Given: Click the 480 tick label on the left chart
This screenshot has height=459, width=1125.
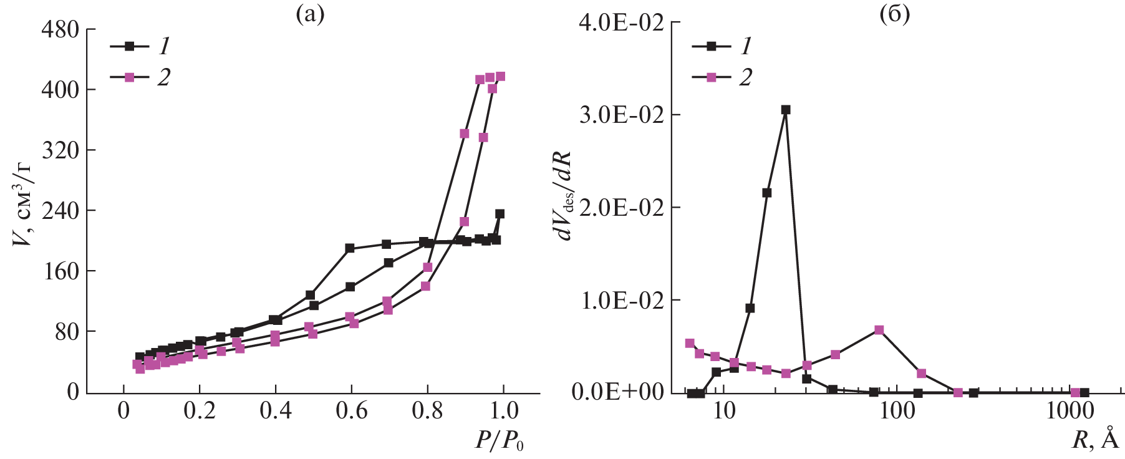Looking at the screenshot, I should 60,29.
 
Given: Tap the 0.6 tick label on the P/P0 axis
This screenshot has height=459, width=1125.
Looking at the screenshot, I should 351,411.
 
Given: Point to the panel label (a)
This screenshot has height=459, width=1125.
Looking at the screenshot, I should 310,14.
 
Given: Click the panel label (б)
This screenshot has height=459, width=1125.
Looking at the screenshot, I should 894,14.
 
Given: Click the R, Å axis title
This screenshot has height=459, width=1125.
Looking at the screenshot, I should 1095,440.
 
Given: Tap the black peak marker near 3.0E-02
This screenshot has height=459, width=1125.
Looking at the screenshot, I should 786,110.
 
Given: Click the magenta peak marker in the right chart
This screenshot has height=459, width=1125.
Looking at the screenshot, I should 879,330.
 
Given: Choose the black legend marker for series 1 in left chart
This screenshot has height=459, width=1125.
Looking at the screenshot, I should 129,46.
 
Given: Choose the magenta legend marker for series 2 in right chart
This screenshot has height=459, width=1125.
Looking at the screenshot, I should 711,77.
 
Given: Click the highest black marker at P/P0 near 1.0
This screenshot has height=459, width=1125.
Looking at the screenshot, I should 500,214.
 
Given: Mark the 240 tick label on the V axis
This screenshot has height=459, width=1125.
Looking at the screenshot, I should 60,211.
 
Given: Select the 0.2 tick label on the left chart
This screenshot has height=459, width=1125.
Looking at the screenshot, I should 200,411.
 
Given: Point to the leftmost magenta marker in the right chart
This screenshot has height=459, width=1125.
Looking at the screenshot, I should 690,343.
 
